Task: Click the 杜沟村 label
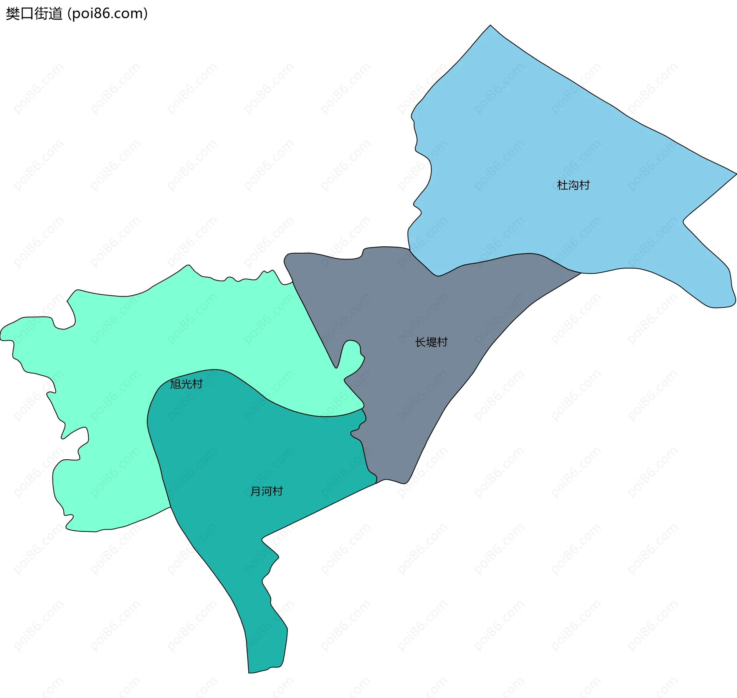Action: click(x=573, y=185)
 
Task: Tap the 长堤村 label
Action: click(x=431, y=342)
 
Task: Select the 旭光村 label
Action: click(x=186, y=384)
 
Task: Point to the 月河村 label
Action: click(x=266, y=491)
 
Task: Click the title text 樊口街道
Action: click(x=34, y=14)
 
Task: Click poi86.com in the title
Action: click(x=107, y=14)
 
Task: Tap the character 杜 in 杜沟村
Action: click(x=562, y=185)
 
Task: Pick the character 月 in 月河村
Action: click(x=256, y=491)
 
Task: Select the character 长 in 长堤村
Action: click(x=420, y=342)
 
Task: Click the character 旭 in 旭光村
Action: click(x=175, y=384)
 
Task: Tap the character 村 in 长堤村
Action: click(x=442, y=342)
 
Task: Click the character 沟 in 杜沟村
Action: click(x=573, y=185)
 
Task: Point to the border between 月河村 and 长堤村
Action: click(x=365, y=453)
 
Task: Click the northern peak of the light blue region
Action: click(x=490, y=25)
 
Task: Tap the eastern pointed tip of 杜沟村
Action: click(x=736, y=173)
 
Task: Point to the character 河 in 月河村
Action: click(x=266, y=491)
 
